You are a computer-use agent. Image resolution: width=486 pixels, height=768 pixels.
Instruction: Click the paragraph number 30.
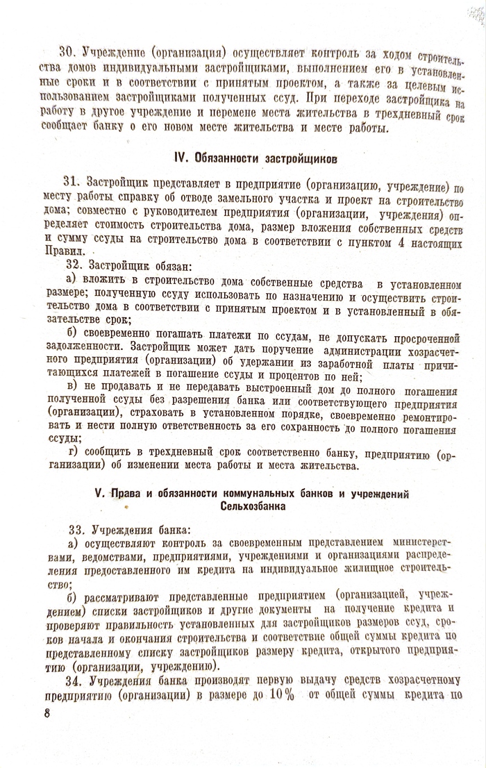(67, 52)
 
